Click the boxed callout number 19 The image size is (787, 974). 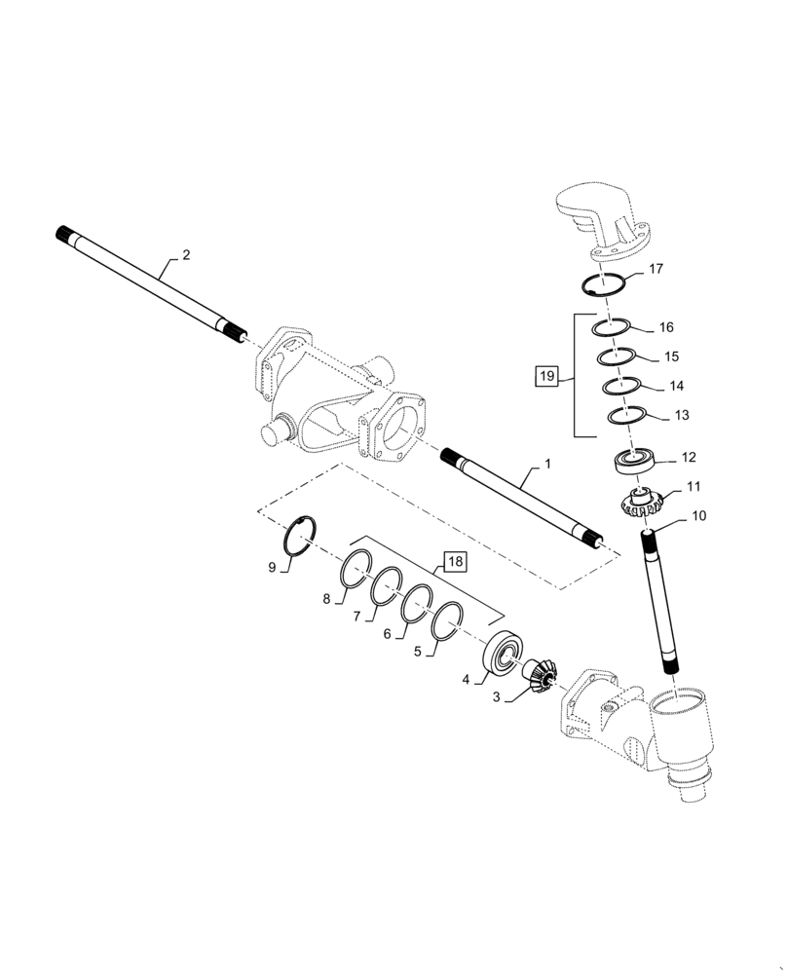(547, 375)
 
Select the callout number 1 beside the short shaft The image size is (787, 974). (547, 465)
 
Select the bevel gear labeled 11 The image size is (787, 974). (640, 504)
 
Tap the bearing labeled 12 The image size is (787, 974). (636, 460)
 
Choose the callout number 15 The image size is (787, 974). (670, 356)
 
